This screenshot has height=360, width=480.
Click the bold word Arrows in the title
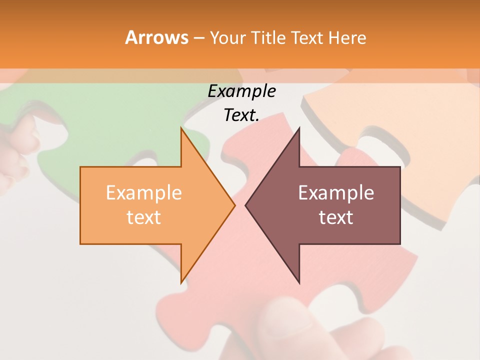pyautogui.click(x=156, y=37)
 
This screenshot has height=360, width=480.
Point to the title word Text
pyautogui.click(x=308, y=38)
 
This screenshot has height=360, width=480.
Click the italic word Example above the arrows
pyautogui.click(x=241, y=91)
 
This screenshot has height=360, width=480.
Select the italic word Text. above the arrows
pyautogui.click(x=241, y=115)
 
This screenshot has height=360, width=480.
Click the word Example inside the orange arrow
pyautogui.click(x=143, y=192)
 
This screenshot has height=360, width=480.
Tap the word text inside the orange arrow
pyautogui.click(x=143, y=217)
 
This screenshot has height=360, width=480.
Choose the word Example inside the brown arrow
pyautogui.click(x=336, y=192)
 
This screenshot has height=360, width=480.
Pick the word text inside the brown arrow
pyautogui.click(x=336, y=217)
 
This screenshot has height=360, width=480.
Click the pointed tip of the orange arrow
pyautogui.click(x=234, y=205)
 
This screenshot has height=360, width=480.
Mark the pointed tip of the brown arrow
pyautogui.click(x=246, y=205)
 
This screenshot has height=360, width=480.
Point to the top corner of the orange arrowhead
pyautogui.click(x=181, y=128)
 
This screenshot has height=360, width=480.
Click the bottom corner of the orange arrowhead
pyautogui.click(x=181, y=282)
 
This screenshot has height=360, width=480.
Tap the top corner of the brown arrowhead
pyautogui.click(x=299, y=128)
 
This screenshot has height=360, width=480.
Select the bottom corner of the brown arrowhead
pyautogui.click(x=299, y=282)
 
